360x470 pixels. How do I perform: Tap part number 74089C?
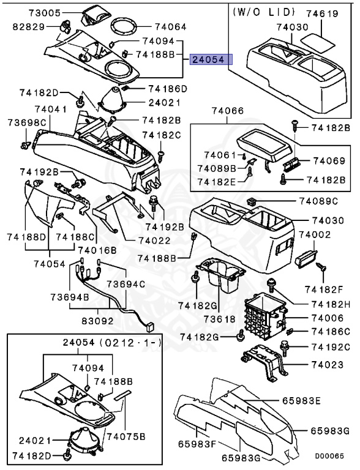tap(319, 201)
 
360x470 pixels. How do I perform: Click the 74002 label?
tap(315, 235)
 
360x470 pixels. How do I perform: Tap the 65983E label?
tap(301, 401)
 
